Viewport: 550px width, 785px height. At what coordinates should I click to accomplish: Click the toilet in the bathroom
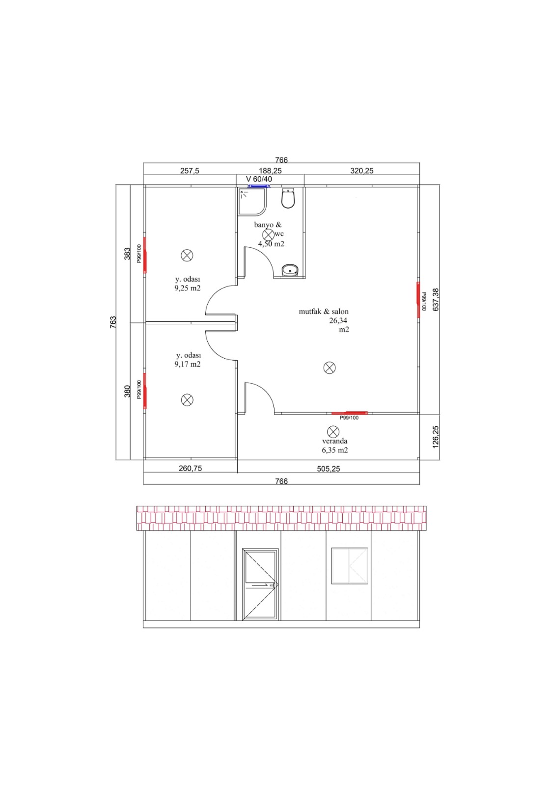click(x=288, y=198)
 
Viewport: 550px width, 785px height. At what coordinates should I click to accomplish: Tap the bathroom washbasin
click(x=290, y=270)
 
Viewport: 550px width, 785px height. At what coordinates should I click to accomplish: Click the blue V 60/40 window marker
click(x=259, y=186)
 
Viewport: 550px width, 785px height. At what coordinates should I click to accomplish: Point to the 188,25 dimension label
click(x=270, y=171)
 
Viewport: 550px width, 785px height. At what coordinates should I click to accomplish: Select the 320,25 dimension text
click(x=361, y=171)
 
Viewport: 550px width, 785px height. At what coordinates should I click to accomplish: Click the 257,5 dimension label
click(x=190, y=171)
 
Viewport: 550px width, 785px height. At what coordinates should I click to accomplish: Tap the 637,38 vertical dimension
click(x=436, y=299)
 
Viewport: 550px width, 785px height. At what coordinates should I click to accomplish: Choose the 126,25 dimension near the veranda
click(x=436, y=437)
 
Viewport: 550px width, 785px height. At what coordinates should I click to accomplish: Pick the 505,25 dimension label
click(x=329, y=469)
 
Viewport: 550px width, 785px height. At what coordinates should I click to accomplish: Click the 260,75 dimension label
click(x=190, y=468)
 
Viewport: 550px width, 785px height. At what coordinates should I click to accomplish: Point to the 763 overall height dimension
click(x=113, y=322)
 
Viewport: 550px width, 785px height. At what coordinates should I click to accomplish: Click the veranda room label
click(x=334, y=441)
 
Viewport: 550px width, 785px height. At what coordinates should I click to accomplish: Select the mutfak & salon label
click(x=324, y=311)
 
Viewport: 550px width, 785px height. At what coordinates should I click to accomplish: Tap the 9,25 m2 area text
click(x=188, y=288)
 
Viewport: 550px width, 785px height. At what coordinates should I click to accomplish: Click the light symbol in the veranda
click(x=333, y=431)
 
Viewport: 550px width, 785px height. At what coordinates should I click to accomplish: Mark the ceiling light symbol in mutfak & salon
click(x=330, y=367)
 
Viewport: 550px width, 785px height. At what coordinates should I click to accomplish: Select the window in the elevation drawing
click(x=350, y=566)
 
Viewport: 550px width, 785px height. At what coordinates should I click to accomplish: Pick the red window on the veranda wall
click(x=350, y=413)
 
